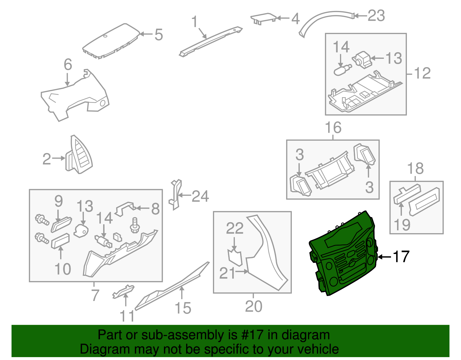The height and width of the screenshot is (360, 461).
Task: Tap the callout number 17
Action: point(401,257)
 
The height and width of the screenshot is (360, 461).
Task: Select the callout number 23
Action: point(376,16)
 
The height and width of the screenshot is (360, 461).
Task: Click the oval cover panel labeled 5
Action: point(111,41)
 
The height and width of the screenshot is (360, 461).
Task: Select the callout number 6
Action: point(68,65)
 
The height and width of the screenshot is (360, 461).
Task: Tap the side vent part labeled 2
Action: point(79,156)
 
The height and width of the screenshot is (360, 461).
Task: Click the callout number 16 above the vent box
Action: point(333,127)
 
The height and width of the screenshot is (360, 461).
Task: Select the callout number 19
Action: point(402,225)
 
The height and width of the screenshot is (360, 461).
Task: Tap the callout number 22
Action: point(235,228)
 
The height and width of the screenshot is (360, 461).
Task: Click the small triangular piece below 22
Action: point(235,257)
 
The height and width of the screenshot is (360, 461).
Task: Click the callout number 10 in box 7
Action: point(63,269)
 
